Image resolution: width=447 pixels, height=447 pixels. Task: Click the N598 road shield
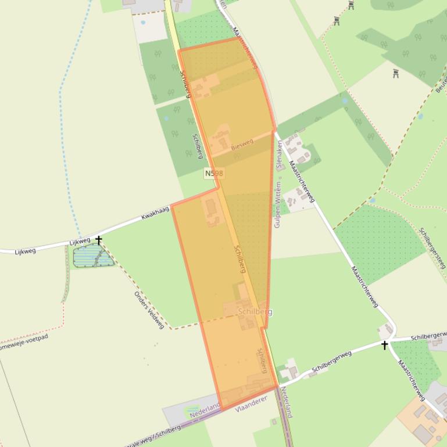[214, 173]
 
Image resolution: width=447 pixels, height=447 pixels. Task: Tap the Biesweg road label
[243, 144]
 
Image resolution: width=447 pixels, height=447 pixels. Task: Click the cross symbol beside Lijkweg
[99, 240]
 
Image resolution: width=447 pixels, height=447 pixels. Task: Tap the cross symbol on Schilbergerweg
[384, 345]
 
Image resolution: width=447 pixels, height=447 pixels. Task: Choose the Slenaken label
[279, 154]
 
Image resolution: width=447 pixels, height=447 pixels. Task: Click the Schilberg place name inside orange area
[255, 312]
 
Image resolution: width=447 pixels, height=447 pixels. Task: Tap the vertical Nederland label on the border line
[286, 402]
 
